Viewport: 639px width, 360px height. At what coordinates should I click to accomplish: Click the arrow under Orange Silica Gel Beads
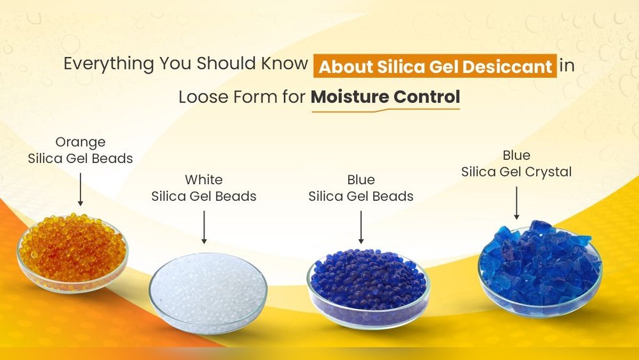click(81, 189)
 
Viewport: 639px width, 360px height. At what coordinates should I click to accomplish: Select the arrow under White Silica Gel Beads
click(204, 226)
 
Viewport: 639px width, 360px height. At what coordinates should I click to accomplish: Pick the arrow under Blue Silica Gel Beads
click(361, 226)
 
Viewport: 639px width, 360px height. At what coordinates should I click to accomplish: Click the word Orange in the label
click(81, 142)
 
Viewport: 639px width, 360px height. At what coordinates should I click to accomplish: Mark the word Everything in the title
click(109, 65)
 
